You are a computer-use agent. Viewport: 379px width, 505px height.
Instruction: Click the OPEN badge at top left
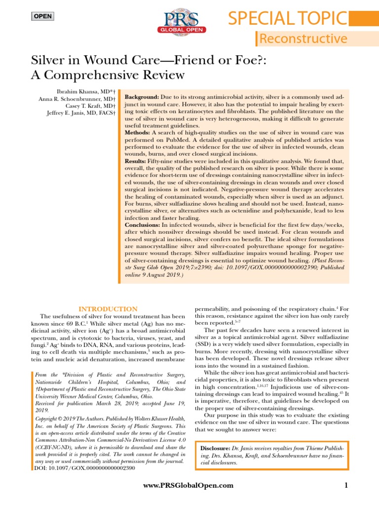(42, 16)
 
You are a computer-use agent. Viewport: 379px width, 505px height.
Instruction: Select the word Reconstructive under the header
(303, 39)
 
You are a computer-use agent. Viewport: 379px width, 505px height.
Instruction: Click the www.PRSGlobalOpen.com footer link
(188, 486)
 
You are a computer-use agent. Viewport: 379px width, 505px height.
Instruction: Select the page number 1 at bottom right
(346, 486)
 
